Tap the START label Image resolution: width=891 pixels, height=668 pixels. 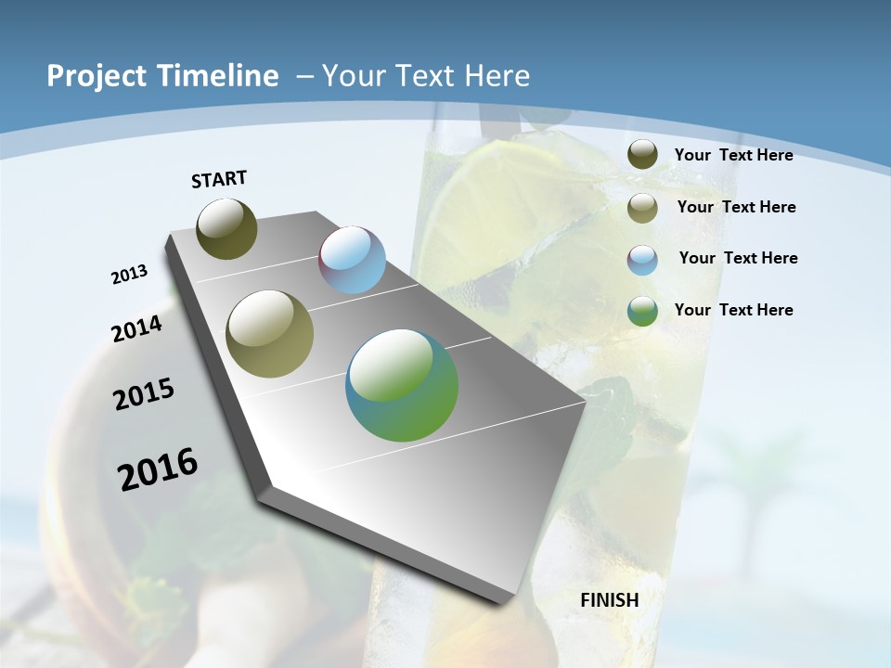(x=219, y=179)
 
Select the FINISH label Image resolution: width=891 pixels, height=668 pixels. (x=609, y=600)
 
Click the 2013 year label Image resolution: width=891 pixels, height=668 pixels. (x=129, y=275)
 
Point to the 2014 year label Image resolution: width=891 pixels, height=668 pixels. (x=136, y=328)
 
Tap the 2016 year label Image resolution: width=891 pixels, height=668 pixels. (x=158, y=469)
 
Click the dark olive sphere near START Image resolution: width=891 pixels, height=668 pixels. (x=226, y=228)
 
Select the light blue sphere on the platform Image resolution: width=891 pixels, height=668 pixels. (x=352, y=260)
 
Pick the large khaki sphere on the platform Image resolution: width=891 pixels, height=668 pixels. (x=270, y=334)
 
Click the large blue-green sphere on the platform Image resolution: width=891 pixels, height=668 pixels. (x=402, y=385)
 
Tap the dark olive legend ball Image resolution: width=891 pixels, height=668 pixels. (x=642, y=155)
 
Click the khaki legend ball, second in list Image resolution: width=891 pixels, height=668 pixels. (x=642, y=208)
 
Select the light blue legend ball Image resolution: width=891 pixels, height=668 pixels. (x=642, y=260)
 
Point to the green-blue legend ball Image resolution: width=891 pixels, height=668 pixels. (x=642, y=311)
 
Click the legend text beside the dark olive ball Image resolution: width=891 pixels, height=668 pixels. (x=733, y=155)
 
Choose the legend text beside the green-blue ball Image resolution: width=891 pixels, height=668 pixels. (x=733, y=310)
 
